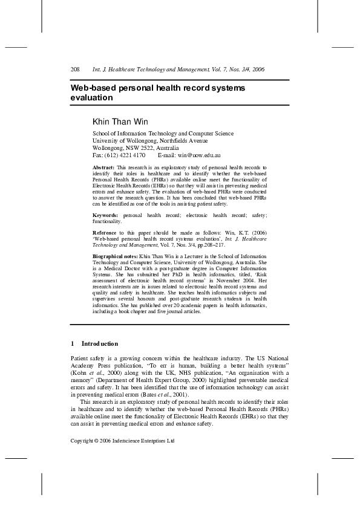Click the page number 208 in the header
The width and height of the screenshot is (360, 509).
(x=76, y=70)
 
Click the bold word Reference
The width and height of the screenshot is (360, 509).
(x=104, y=232)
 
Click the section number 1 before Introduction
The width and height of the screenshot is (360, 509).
(x=73, y=344)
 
